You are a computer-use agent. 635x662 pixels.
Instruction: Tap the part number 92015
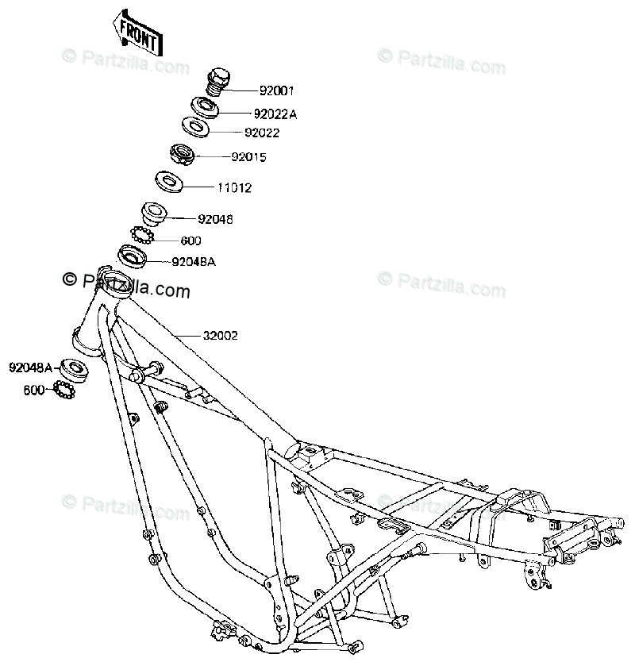(248, 157)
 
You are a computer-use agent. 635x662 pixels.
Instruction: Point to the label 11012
(235, 188)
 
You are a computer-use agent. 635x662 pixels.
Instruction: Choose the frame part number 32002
(220, 336)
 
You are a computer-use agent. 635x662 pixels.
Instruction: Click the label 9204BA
(194, 261)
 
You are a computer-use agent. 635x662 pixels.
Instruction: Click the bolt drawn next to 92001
(217, 80)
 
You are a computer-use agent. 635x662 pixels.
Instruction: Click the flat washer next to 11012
(169, 182)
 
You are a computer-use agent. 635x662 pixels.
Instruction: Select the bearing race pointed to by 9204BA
(132, 256)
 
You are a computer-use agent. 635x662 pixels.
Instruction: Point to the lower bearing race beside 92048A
(73, 367)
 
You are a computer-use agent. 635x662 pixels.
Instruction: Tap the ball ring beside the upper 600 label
(140, 236)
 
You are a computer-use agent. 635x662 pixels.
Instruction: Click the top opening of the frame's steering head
(116, 280)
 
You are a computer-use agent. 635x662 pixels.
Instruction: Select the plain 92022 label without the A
(262, 133)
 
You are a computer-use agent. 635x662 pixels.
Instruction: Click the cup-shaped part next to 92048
(153, 214)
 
